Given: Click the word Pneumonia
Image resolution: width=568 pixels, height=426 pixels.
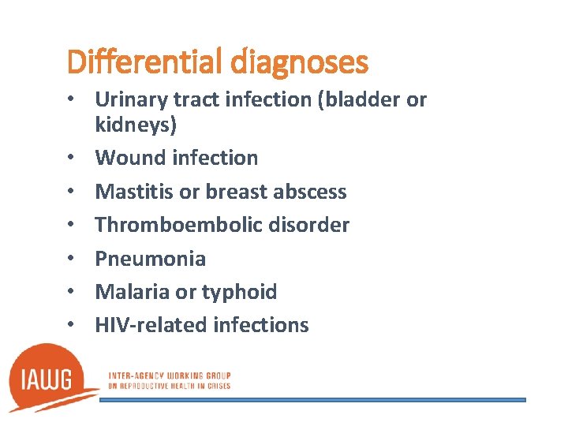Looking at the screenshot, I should (x=150, y=259).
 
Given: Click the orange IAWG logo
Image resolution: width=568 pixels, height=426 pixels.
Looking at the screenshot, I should (x=50, y=379).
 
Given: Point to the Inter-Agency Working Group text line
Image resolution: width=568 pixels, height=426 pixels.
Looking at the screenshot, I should (x=169, y=376).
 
